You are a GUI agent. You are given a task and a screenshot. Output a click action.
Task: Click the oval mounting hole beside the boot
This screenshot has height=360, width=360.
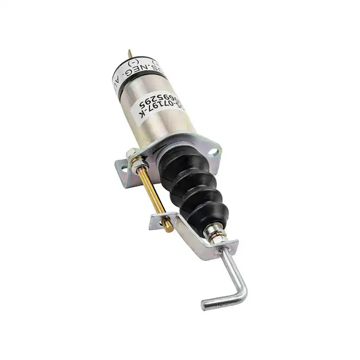211,153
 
